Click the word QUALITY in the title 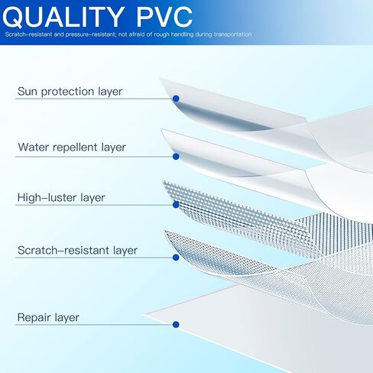tap(63, 17)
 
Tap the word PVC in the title tap(164, 17)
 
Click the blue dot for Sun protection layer tap(176, 99)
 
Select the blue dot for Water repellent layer tap(176, 157)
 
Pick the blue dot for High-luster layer tap(176, 204)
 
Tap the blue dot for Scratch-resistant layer tap(176, 258)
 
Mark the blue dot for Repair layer tap(176, 324)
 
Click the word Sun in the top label tap(28, 91)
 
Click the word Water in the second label tap(33, 147)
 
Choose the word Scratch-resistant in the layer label tap(63, 250)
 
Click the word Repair tap(32, 318)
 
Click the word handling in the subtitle tap(182, 34)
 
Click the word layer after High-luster tap(92, 198)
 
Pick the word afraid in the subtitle tap(137, 34)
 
